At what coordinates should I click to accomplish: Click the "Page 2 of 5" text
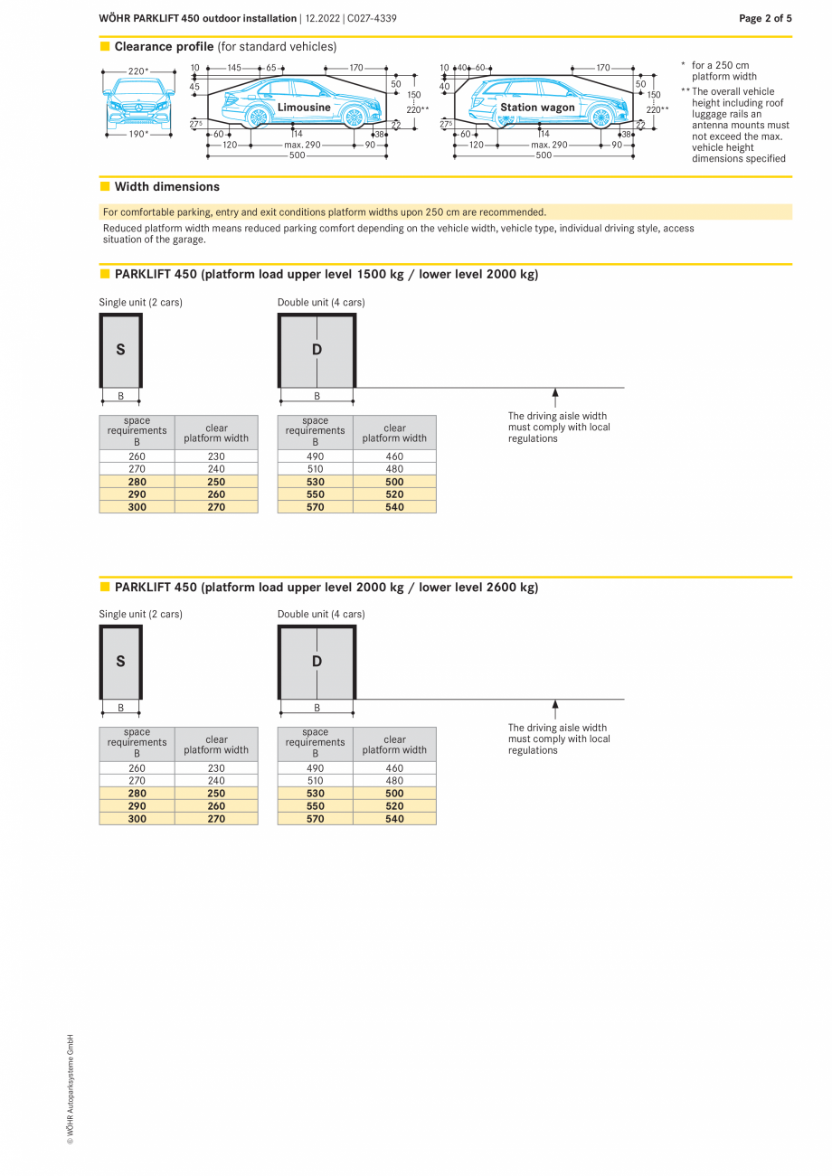pos(765,18)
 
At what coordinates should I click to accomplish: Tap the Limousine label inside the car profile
pos(304,108)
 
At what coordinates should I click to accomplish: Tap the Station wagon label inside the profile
pos(537,108)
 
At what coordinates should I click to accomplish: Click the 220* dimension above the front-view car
pos(138,71)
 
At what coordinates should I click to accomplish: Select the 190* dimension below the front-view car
pos(138,134)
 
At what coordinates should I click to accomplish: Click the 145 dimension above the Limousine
pos(233,68)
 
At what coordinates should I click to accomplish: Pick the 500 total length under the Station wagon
pos(543,155)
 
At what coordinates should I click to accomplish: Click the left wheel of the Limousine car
pos(258,117)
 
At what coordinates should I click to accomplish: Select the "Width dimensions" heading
pos(166,187)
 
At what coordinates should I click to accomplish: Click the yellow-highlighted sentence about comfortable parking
pos(325,212)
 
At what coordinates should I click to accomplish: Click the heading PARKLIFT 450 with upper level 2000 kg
pos(326,588)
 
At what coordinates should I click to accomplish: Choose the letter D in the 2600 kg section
pos(317,662)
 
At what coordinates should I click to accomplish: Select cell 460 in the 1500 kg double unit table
pos(394,456)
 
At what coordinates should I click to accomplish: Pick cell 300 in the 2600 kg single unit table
pos(137,819)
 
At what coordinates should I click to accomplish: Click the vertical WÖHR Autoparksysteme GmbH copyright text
pos(70,1089)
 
